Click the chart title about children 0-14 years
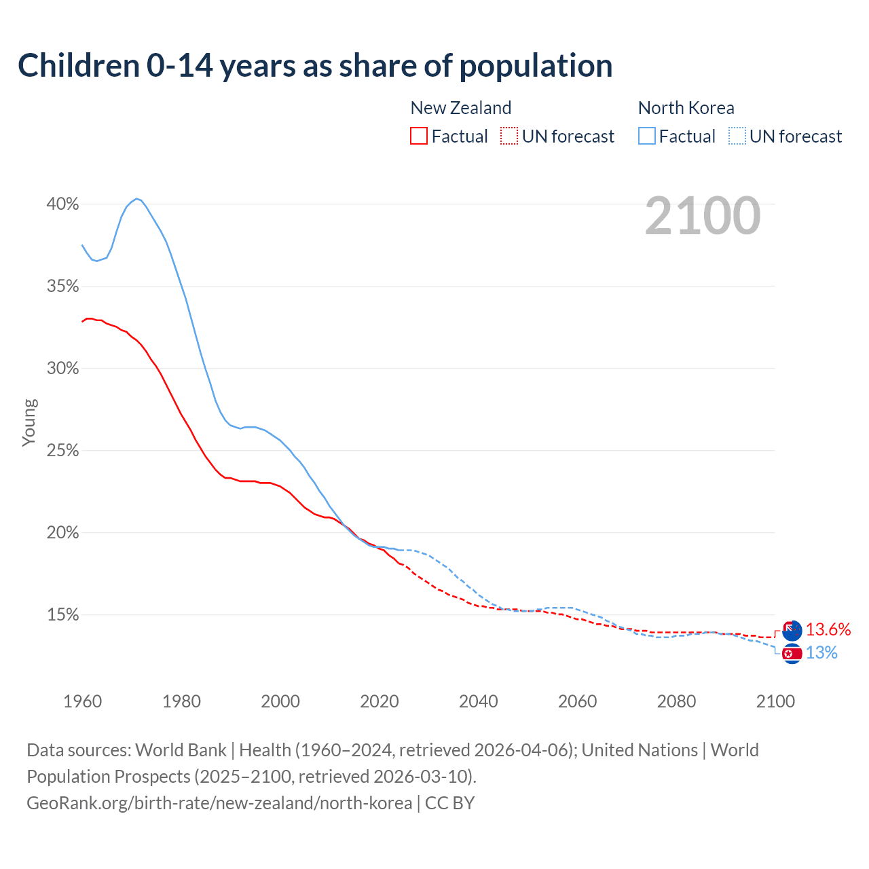[x=315, y=66]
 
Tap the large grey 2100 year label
[x=703, y=216]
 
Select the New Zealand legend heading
[x=460, y=108]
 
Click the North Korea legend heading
[x=686, y=108]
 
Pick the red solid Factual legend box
[x=419, y=136]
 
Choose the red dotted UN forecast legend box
[x=509, y=136]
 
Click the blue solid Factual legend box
[x=647, y=136]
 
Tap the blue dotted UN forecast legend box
[x=737, y=136]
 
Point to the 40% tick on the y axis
[x=62, y=204]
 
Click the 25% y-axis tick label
[x=62, y=451]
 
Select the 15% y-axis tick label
[x=62, y=615]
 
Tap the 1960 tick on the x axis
[x=82, y=701]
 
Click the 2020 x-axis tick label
[x=379, y=701]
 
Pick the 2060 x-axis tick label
[x=577, y=701]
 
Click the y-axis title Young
[x=29, y=422]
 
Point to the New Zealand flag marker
[x=792, y=630]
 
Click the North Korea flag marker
[x=792, y=654]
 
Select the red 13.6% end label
[x=828, y=630]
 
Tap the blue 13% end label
[x=821, y=653]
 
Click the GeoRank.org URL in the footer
[x=219, y=803]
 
